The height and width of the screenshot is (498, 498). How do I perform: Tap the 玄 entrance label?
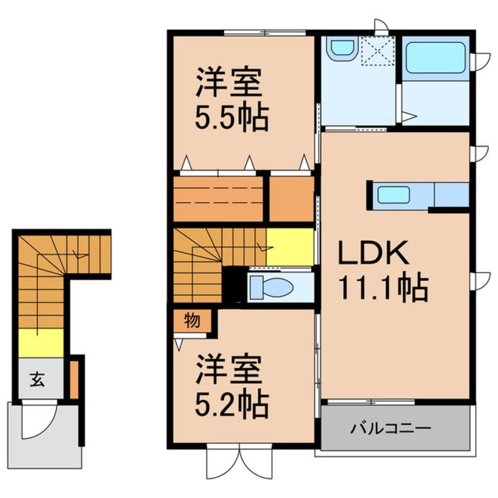(36, 380)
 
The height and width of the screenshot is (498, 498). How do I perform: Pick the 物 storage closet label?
(191, 321)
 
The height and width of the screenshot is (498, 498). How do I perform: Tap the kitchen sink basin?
(394, 194)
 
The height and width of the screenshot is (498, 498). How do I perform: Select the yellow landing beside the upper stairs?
(290, 247)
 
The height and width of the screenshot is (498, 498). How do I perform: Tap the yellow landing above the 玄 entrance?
(41, 343)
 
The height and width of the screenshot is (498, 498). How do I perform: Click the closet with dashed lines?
(218, 199)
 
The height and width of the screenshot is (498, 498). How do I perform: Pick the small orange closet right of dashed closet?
(291, 199)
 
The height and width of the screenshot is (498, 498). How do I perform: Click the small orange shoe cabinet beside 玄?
(74, 379)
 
